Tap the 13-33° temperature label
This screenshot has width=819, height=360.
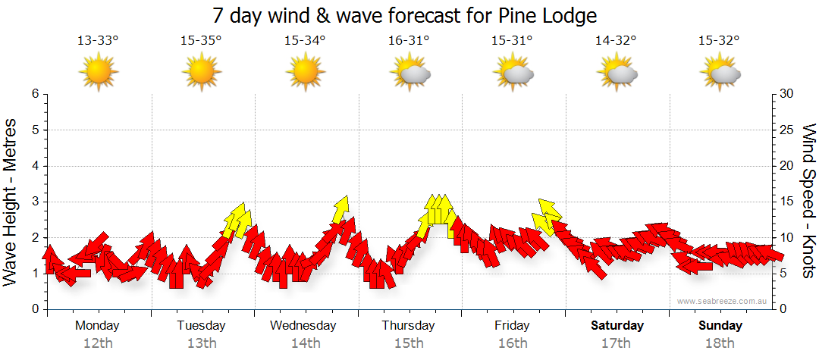click(x=98, y=41)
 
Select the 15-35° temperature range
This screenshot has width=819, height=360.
click(x=201, y=41)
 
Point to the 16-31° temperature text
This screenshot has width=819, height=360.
click(x=409, y=41)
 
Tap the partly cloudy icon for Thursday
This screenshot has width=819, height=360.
click(x=409, y=73)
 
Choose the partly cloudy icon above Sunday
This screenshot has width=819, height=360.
click(x=720, y=73)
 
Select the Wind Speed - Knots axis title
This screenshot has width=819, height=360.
click(x=808, y=201)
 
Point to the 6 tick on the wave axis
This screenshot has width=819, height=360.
click(x=35, y=94)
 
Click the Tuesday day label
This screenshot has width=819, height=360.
click(x=201, y=326)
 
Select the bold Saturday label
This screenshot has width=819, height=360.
click(x=617, y=326)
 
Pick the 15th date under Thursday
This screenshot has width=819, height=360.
click(x=409, y=343)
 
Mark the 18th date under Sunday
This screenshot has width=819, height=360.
click(x=720, y=343)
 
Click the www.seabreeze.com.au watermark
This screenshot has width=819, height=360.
click(x=723, y=302)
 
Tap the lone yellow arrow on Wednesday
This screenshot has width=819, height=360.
click(x=340, y=208)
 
